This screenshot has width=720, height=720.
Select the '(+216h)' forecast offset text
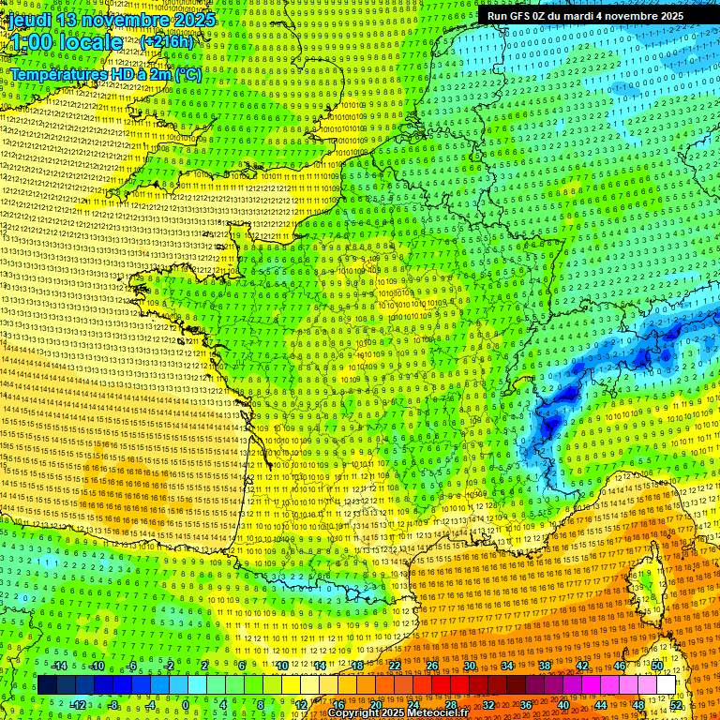pyautogui.click(x=167, y=42)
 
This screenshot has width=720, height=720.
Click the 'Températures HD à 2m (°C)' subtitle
pyautogui.click(x=105, y=73)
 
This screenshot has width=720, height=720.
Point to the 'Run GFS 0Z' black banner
pyautogui.click(x=585, y=15)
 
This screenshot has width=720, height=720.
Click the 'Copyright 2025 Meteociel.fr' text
pyautogui.click(x=404, y=713)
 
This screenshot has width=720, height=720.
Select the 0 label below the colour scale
pyautogui.click(x=185, y=704)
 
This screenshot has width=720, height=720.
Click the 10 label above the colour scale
pyautogui.click(x=280, y=666)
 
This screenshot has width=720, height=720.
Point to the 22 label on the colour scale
pyautogui.click(x=395, y=666)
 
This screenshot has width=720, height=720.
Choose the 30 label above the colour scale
pyautogui.click(x=470, y=666)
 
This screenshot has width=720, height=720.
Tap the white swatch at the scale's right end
pyautogui.click(x=666, y=685)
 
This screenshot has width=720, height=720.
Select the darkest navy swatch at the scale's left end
pyautogui.click(x=46, y=685)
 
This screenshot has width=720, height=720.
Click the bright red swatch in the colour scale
pyautogui.click(x=441, y=685)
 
